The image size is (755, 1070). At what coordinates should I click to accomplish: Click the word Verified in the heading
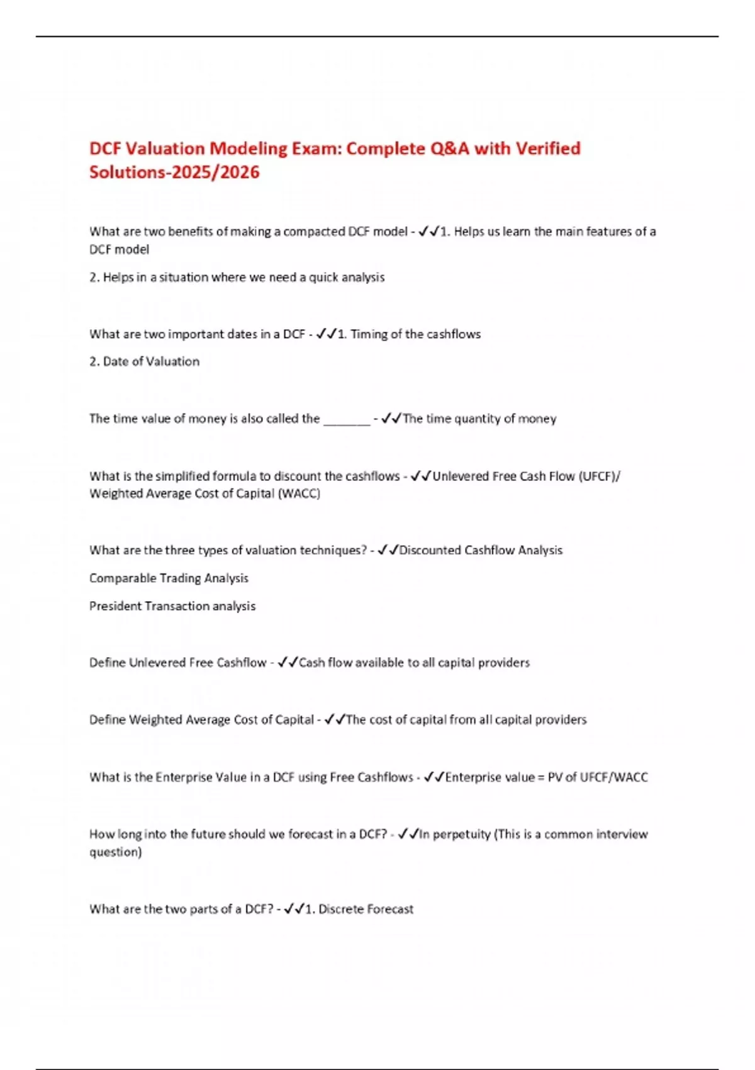pyautogui.click(x=548, y=149)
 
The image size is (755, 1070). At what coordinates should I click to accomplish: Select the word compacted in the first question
pyautogui.click(x=314, y=232)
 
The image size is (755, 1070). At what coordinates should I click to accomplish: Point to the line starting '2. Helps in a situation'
pyautogui.click(x=237, y=278)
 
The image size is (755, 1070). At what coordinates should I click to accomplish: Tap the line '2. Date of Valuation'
pyautogui.click(x=144, y=362)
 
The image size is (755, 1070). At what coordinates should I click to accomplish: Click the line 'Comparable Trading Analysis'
pyautogui.click(x=169, y=578)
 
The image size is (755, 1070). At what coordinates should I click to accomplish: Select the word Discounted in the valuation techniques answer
pyautogui.click(x=430, y=551)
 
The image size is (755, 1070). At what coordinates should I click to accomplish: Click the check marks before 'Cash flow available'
pyautogui.click(x=288, y=663)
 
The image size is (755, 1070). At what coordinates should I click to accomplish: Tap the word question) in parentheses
pyautogui.click(x=115, y=852)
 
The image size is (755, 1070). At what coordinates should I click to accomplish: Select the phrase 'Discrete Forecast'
pyautogui.click(x=366, y=909)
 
